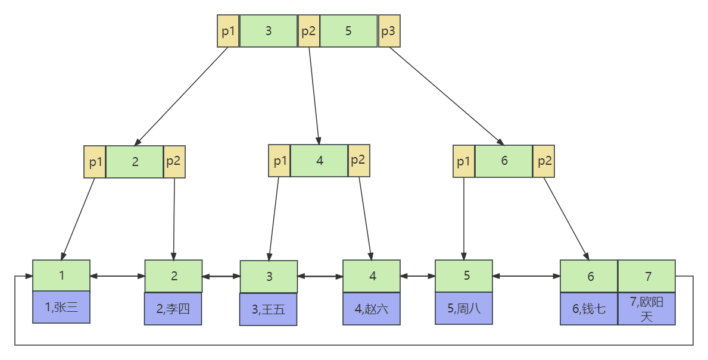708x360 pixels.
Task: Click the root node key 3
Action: click(x=268, y=31)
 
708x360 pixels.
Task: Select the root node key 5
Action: click(x=348, y=31)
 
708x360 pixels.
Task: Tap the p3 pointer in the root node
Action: click(x=388, y=31)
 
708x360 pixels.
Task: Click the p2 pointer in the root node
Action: click(x=308, y=31)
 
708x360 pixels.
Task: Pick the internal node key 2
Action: click(x=135, y=162)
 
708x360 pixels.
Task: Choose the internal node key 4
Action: click(x=319, y=161)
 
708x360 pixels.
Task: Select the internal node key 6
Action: click(x=504, y=161)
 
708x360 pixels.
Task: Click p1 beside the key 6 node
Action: click(x=464, y=161)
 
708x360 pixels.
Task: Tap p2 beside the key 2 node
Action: click(x=174, y=162)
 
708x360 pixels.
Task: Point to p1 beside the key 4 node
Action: click(x=279, y=161)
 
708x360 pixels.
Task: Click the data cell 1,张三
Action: click(x=61, y=307)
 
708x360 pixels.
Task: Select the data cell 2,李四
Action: click(x=173, y=308)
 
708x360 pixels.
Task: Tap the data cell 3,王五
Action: click(x=269, y=309)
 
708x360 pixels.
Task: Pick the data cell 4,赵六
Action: click(x=372, y=308)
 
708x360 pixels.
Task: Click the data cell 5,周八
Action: click(x=464, y=308)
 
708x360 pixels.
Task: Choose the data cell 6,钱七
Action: click(x=588, y=308)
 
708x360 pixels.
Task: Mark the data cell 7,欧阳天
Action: click(x=646, y=309)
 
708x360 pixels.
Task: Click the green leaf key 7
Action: click(x=646, y=276)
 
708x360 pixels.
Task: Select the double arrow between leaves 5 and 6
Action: click(x=526, y=276)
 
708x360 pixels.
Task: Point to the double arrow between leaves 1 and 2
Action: click(x=117, y=276)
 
